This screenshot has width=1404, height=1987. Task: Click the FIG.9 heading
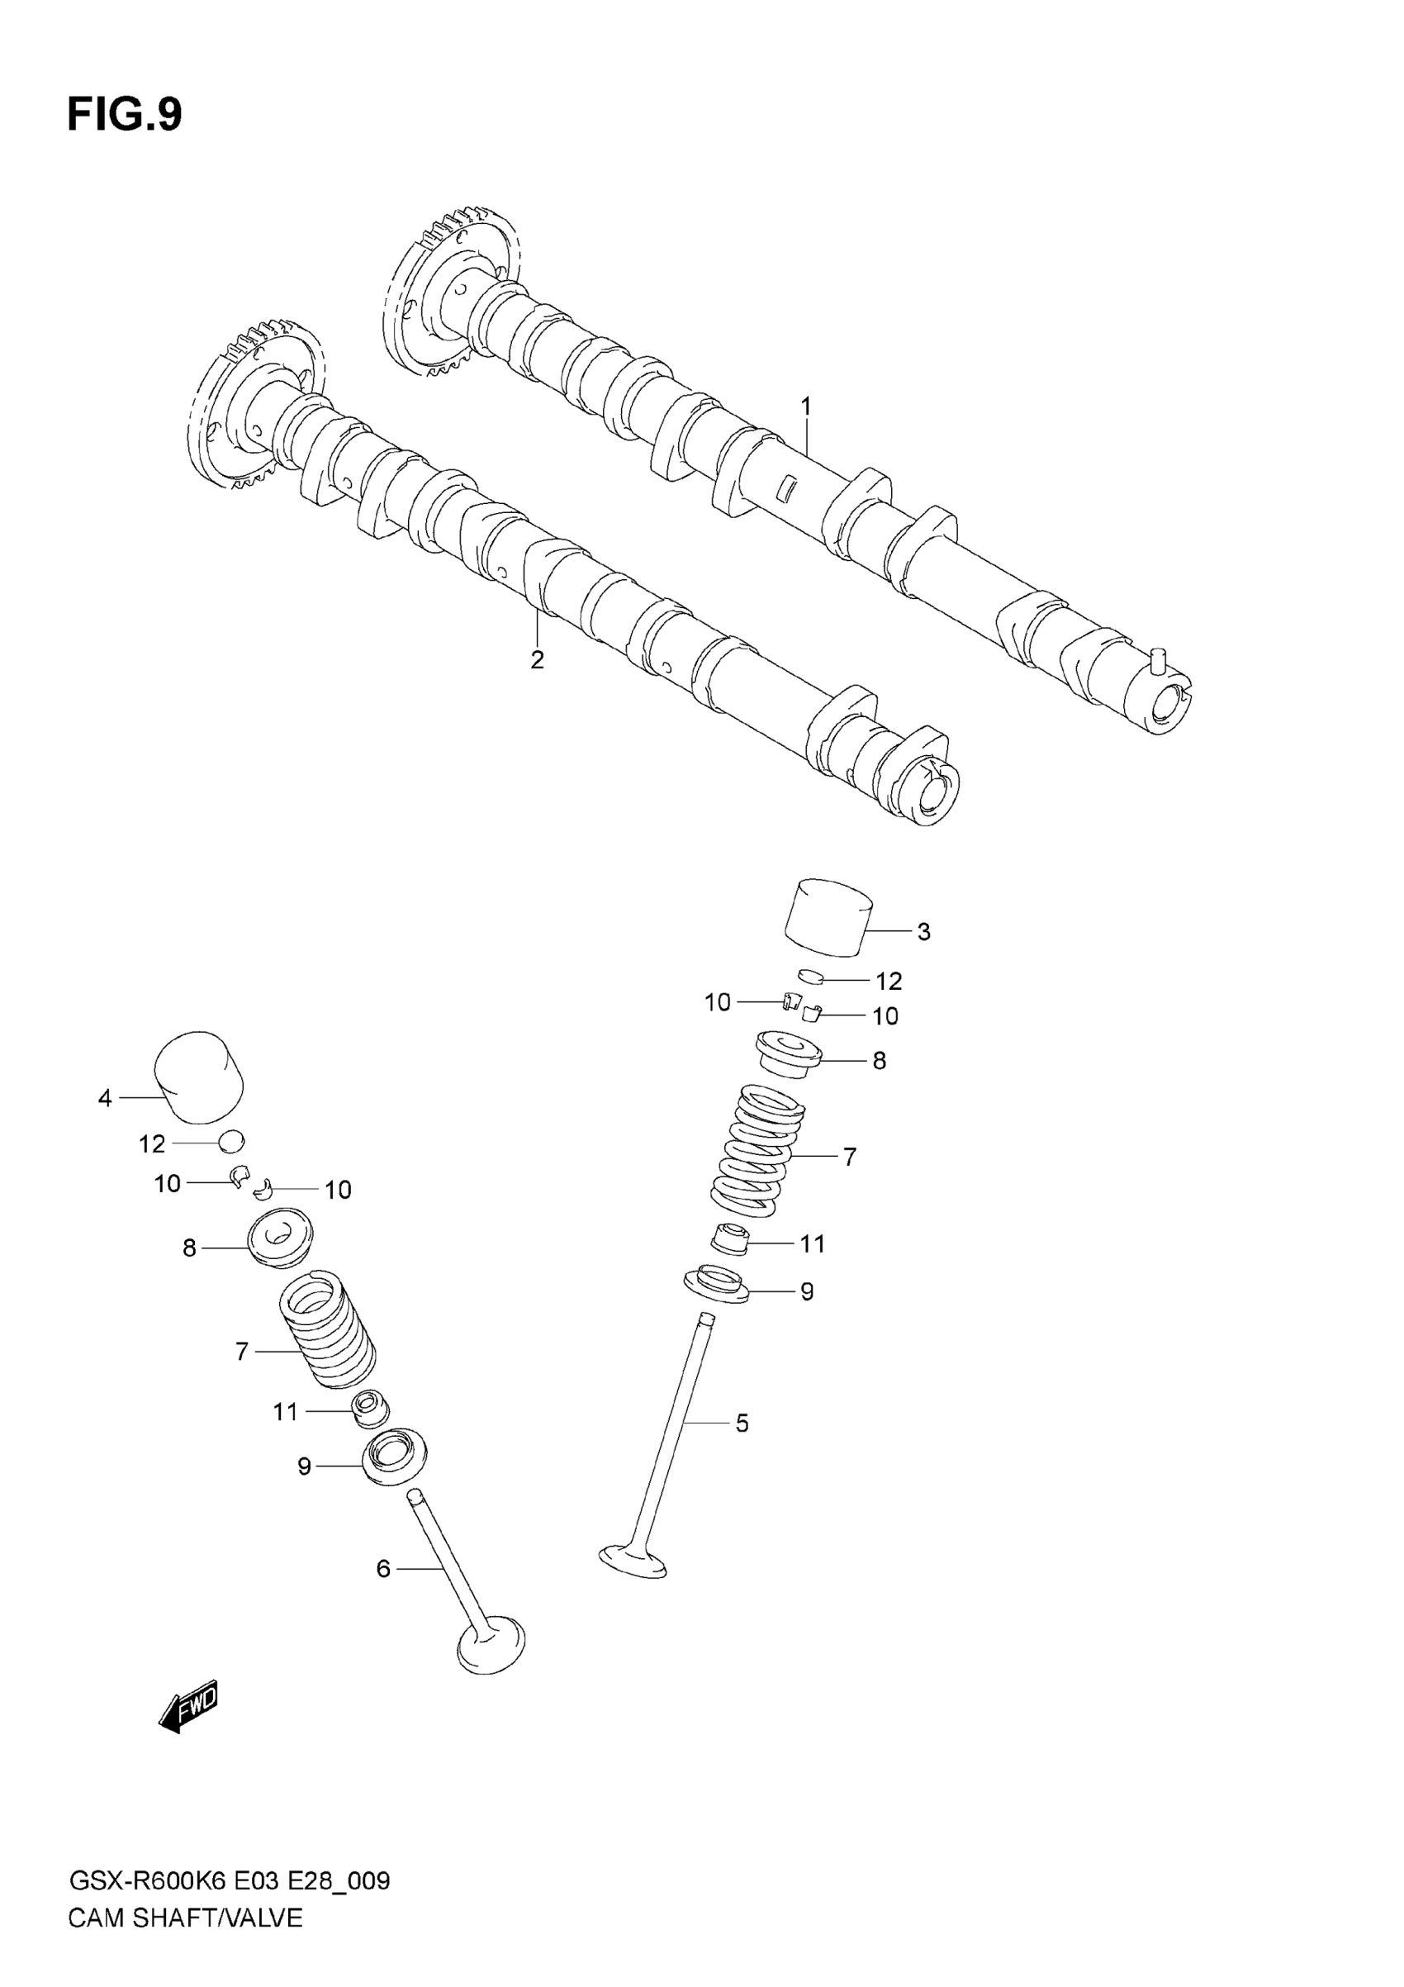point(125,114)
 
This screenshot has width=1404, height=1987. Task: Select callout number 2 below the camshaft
point(537,659)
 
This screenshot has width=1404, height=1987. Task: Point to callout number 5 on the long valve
point(742,1423)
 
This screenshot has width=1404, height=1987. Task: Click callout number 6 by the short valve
point(383,1568)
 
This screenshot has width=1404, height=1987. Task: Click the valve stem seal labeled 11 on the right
point(729,1239)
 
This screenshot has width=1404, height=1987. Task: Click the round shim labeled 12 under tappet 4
point(232,1143)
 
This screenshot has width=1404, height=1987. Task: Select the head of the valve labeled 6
point(491,1642)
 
